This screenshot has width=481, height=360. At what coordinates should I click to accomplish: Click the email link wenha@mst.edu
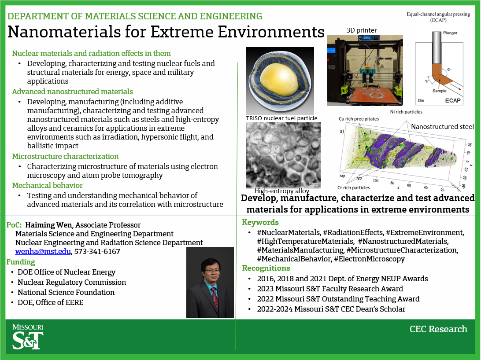point(43,252)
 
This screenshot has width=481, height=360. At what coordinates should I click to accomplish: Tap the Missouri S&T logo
point(27,337)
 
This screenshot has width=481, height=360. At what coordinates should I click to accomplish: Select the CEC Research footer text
point(438,329)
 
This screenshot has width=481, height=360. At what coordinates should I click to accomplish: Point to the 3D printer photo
point(364,70)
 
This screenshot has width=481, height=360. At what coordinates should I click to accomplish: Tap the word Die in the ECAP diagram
point(421,99)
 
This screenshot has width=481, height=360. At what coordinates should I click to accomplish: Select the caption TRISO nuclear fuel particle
point(281,118)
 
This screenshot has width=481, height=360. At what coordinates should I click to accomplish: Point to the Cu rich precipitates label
point(359,119)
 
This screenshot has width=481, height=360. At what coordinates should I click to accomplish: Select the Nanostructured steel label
point(442,127)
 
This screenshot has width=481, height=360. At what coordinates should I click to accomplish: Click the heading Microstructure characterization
point(65,156)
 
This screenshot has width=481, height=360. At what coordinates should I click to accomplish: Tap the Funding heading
point(21,262)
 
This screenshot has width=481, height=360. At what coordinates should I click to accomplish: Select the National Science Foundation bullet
point(66,292)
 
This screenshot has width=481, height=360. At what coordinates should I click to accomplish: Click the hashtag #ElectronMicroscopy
point(369,259)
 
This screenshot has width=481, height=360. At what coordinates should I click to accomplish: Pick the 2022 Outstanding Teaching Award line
point(338,299)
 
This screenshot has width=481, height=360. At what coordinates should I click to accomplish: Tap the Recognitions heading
point(266,268)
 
